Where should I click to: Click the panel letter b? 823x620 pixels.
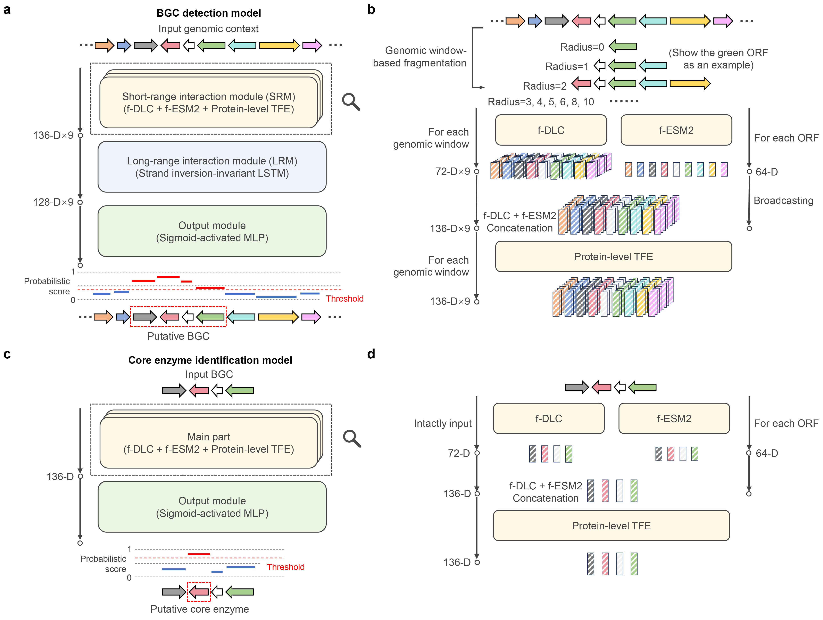click(x=371, y=9)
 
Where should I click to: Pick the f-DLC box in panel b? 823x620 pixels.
click(x=551, y=130)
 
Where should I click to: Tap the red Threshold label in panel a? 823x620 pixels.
click(x=344, y=299)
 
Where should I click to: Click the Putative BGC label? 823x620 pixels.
click(x=178, y=336)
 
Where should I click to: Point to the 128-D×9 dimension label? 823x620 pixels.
click(x=53, y=202)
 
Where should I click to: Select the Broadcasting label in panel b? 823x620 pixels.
click(x=783, y=201)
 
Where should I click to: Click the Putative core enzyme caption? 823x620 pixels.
click(x=199, y=609)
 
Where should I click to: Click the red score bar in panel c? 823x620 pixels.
click(x=199, y=554)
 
